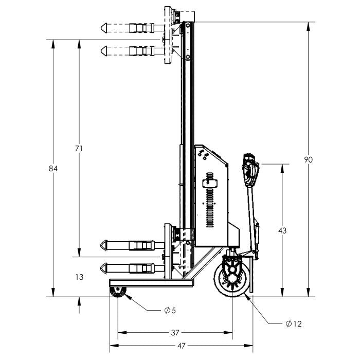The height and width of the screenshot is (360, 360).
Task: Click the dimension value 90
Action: click(309, 159)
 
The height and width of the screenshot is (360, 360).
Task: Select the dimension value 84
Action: click(53, 169)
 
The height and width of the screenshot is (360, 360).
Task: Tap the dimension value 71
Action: click(79, 149)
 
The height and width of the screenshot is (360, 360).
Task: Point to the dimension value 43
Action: click(282, 230)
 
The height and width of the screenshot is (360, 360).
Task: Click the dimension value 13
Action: click(79, 277)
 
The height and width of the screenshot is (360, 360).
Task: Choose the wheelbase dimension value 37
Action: click(175, 332)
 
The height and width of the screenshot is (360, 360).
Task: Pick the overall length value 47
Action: click(182, 346)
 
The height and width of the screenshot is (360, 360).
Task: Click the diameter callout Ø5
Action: click(170, 311)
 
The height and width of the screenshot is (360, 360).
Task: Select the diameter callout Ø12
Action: click(294, 323)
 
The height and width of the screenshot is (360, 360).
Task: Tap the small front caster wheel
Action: click(118, 292)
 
